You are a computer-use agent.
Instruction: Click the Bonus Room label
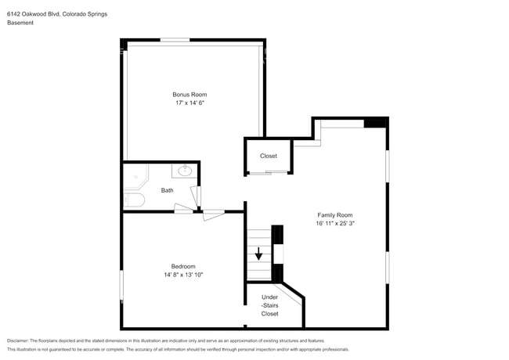(x=190, y=94)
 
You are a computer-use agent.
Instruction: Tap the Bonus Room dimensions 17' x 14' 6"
(x=190, y=103)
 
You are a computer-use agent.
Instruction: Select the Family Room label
(x=334, y=214)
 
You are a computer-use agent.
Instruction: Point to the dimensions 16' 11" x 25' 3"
(x=334, y=223)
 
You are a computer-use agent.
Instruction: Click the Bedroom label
(x=183, y=266)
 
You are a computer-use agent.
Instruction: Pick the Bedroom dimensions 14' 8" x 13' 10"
(x=183, y=275)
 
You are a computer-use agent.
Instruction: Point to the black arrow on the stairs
(x=258, y=254)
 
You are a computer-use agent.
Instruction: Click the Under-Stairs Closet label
(x=269, y=305)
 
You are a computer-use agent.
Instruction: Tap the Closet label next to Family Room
(x=269, y=156)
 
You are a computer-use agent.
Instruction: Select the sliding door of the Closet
(x=269, y=171)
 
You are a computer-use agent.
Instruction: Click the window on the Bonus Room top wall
(x=175, y=40)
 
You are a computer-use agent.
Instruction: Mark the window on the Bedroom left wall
(x=121, y=283)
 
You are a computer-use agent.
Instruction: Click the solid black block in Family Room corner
(x=376, y=122)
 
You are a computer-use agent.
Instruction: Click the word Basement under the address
(x=21, y=23)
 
